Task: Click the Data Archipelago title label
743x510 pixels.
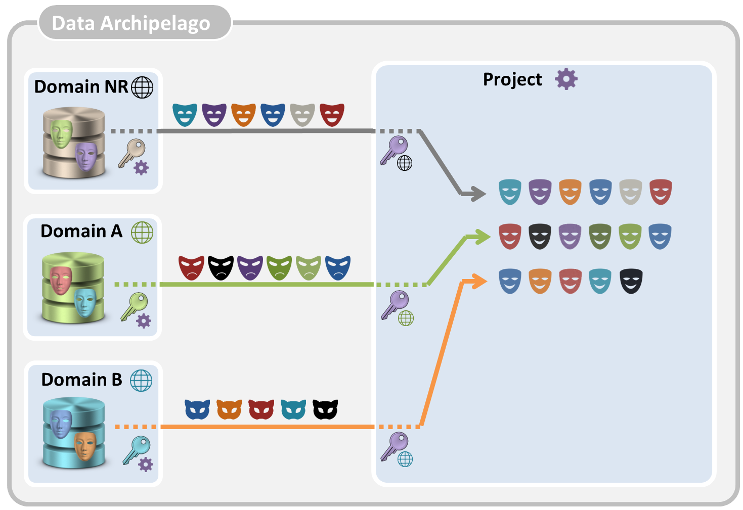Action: pyautogui.click(x=131, y=23)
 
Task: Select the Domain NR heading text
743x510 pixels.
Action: pyautogui.click(x=81, y=87)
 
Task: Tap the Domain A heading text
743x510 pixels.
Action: pyautogui.click(x=81, y=231)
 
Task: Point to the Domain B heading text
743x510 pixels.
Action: pyautogui.click(x=81, y=380)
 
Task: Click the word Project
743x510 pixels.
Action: pyautogui.click(x=512, y=79)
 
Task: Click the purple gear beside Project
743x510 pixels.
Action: pyautogui.click(x=566, y=79)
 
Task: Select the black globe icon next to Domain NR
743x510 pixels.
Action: pyautogui.click(x=142, y=87)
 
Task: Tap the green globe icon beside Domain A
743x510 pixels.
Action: pyautogui.click(x=142, y=233)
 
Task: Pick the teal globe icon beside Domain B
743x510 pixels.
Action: pyautogui.click(x=141, y=381)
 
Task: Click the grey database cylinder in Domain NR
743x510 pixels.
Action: pyautogui.click(x=74, y=143)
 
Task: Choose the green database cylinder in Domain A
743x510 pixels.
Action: pyautogui.click(x=73, y=288)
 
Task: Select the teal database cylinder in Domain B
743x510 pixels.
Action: pyautogui.click(x=74, y=433)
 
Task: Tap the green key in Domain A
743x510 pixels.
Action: pyautogui.click(x=134, y=306)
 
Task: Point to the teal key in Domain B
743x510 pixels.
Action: pyautogui.click(x=136, y=449)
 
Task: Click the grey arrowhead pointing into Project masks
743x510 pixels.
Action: pyautogui.click(x=476, y=193)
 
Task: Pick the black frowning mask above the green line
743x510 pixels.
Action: pyautogui.click(x=221, y=267)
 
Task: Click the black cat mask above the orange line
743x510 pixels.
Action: pyautogui.click(x=325, y=409)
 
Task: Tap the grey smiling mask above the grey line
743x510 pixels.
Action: pyautogui.click(x=302, y=115)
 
